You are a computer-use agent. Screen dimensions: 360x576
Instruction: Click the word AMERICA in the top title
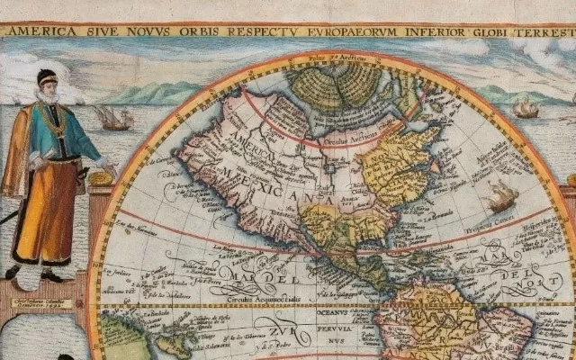click(x=37, y=31)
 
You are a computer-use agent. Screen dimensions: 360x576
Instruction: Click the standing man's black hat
click(x=46, y=76)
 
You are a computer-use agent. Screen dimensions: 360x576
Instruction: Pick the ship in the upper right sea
click(x=526, y=107)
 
